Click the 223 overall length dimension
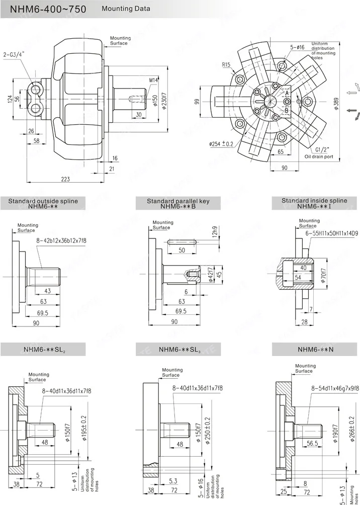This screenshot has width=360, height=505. point(65,179)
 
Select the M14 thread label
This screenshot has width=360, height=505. point(154,80)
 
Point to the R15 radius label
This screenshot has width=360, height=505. point(227,64)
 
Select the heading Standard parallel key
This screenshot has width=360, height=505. point(178,201)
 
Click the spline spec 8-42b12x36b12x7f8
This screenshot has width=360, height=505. point(61,241)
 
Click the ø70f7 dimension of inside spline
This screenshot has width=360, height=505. point(323,276)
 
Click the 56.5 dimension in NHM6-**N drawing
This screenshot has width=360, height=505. point(312,444)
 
